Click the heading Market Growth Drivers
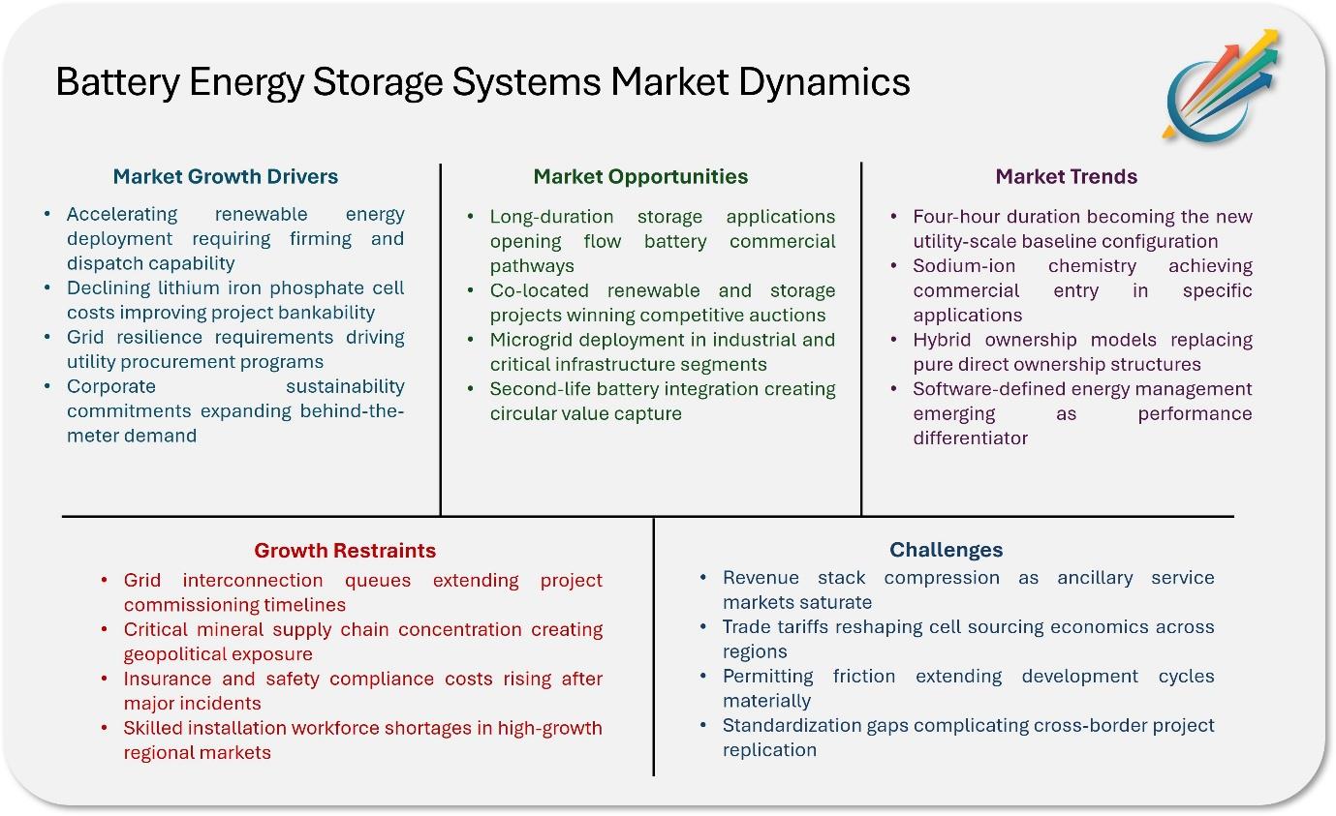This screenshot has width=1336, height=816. tap(226, 176)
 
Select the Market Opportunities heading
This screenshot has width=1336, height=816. tap(640, 176)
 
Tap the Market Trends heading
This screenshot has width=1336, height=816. tap(1067, 176)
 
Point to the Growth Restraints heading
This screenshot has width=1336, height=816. tap(345, 550)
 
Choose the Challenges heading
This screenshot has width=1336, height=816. tap(946, 550)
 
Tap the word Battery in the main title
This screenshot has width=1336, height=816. tap(117, 81)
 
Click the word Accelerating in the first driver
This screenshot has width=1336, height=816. tap(122, 214)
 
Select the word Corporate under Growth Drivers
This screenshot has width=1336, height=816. tap(111, 387)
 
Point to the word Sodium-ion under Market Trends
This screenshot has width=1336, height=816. tap(964, 266)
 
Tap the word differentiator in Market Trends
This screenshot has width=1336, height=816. tap(971, 438)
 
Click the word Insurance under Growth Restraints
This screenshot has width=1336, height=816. tap(168, 679)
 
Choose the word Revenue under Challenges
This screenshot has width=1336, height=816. tap(761, 578)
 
